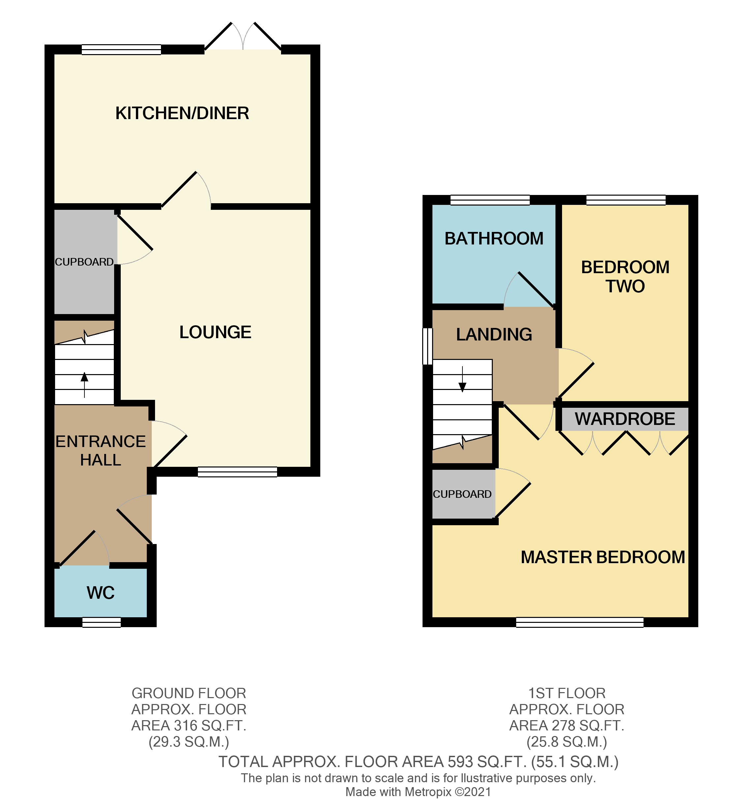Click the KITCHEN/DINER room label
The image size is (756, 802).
pos(182,113)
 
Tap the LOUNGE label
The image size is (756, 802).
pos(215,333)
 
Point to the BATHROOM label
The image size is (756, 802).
pos(494,239)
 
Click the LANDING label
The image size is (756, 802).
pos(494,335)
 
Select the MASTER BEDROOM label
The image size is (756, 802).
pos(603,557)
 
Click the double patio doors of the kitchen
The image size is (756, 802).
pos(243,40)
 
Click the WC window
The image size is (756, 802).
pos(102,623)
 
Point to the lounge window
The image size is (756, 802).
pos(237,472)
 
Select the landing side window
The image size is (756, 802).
pos(427,346)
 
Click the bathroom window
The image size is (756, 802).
pos(490,200)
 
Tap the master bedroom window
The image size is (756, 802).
pos(580,623)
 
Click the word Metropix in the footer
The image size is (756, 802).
pos(428,792)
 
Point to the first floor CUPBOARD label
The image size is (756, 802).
pos(462,494)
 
